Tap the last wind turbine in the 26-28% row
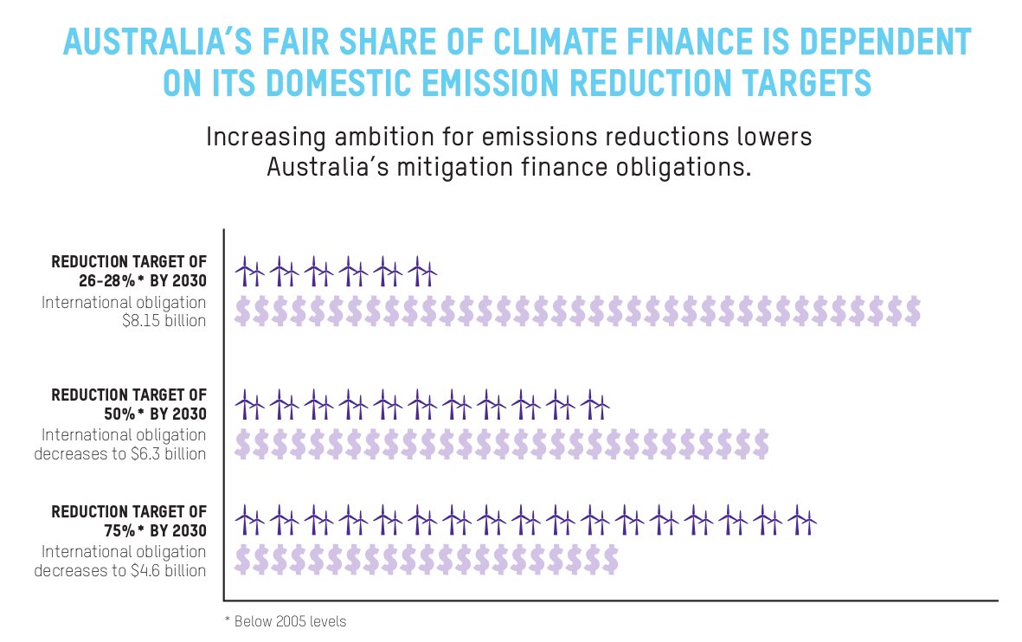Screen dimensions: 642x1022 pyautogui.click(x=422, y=271)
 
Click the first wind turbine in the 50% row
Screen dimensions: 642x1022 pyautogui.click(x=249, y=404)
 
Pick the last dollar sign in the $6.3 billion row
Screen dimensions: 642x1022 pyautogui.click(x=759, y=444)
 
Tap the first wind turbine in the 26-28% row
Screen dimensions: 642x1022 pyautogui.click(x=249, y=271)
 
